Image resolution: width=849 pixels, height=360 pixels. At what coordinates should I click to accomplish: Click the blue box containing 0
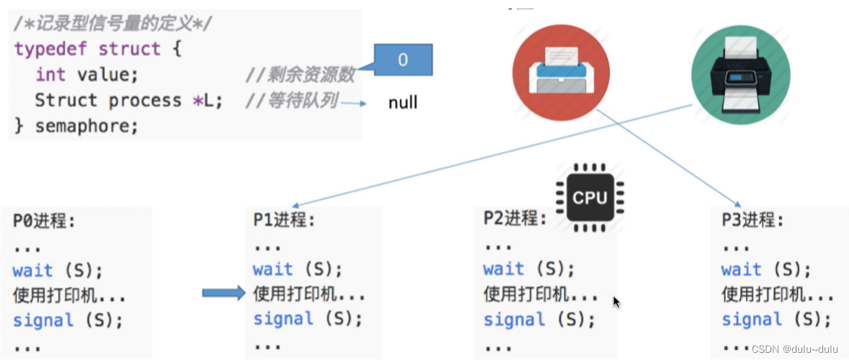coord(403,60)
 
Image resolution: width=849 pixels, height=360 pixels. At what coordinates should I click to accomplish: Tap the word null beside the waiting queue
coord(403,103)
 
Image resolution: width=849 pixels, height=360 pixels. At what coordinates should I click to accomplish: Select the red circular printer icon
coord(561,72)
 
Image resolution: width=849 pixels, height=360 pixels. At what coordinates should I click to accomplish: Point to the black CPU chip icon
coord(590,197)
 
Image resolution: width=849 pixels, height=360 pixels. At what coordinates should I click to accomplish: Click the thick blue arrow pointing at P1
coord(223,293)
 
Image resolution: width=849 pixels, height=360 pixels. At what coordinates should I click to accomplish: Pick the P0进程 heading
coord(44,220)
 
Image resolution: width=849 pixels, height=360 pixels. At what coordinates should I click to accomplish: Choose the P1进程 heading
coord(284,220)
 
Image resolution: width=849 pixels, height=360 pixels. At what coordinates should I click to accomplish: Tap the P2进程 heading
coord(515,218)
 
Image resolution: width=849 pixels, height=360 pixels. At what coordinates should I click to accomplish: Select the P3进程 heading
coord(753,220)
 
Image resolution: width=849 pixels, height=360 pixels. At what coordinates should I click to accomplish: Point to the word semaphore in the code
coord(86,126)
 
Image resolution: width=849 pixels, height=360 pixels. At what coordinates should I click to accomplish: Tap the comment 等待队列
coord(291,100)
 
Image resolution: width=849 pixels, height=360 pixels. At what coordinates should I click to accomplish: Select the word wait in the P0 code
coord(32,271)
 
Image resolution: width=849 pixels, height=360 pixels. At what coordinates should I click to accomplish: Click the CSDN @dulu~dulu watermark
coord(794,348)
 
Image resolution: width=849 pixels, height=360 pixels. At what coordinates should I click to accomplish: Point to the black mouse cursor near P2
coord(616,302)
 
